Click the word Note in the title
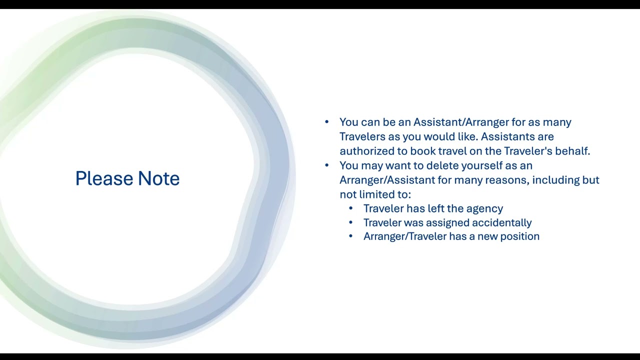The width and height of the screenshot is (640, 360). tap(158, 178)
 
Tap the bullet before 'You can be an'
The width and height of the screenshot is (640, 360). tap(327, 122)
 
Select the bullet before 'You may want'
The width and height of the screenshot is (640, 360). tap(327, 165)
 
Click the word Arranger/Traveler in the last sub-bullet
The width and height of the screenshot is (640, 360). tap(404, 236)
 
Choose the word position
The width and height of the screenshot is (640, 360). tap(520, 236)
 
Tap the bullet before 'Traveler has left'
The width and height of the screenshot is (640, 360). tap(351, 208)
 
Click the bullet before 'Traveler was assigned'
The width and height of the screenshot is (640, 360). tap(351, 222)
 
